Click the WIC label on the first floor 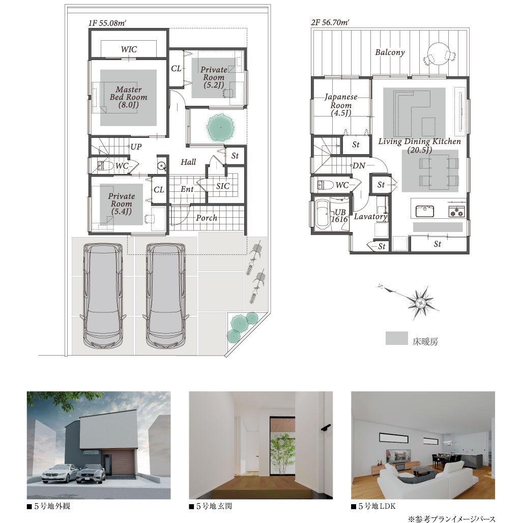(x=129, y=49)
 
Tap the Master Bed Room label (x=128, y=97)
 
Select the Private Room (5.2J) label (x=214, y=77)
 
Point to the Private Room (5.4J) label (x=122, y=204)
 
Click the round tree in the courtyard (x=220, y=127)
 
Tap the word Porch (x=207, y=218)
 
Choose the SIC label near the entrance (x=222, y=186)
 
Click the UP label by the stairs (x=136, y=147)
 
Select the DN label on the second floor (x=359, y=165)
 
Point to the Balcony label (x=390, y=52)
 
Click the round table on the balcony (x=439, y=55)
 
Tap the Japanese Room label (x=341, y=105)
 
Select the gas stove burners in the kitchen (x=456, y=211)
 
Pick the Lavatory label (x=370, y=217)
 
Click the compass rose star (x=420, y=303)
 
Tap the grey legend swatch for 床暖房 (x=396, y=338)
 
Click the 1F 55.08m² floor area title (x=107, y=23)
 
